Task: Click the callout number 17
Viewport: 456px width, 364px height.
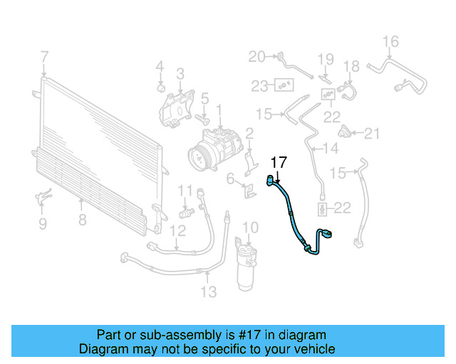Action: click(278, 162)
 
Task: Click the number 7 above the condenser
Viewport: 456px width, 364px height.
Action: click(44, 56)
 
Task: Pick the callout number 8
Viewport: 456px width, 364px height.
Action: click(82, 220)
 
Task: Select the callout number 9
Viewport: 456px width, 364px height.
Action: click(42, 225)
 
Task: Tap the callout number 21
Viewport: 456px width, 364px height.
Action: click(373, 133)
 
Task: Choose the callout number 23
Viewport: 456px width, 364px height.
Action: click(259, 86)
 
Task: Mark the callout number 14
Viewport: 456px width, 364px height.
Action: click(331, 149)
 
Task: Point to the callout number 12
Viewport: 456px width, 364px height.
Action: click(177, 230)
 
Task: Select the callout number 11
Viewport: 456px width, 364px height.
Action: click(185, 190)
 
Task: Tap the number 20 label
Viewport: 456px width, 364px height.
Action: click(256, 56)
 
